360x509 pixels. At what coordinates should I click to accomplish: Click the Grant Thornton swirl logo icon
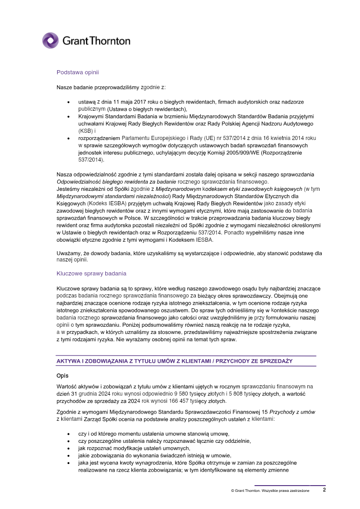50,41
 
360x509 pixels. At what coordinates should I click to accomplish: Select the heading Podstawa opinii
77,72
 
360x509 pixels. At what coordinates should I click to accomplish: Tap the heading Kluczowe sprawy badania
91,273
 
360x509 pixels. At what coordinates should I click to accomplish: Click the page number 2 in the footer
324,490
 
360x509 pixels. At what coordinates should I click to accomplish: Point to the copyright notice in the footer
270,491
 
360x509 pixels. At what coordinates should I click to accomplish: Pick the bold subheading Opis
62,375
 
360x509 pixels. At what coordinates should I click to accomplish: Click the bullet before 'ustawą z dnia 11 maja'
68,102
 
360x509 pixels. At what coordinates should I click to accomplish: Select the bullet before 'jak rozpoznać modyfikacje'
68,448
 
